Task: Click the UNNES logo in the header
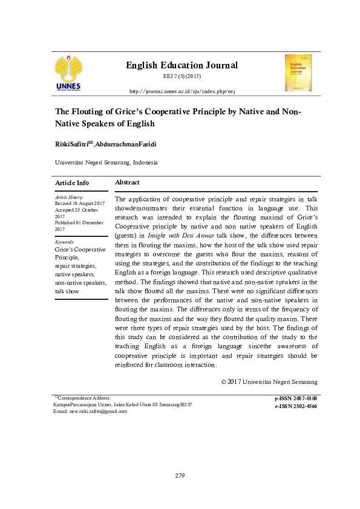[x=68, y=73]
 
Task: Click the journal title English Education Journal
[x=182, y=65]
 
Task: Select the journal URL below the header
[x=182, y=91]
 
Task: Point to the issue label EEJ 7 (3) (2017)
[x=182, y=77]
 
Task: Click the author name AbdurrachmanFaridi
[x=120, y=143]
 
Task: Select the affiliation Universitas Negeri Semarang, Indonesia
[x=106, y=163]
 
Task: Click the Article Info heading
[x=72, y=183]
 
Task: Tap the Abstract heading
[x=127, y=183]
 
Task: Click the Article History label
[x=68, y=197]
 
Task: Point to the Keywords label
[x=65, y=241]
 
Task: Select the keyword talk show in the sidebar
[x=67, y=291]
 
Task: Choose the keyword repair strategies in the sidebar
[x=75, y=266]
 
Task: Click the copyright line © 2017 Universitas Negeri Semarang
[x=269, y=382]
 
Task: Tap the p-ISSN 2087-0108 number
[x=296, y=399]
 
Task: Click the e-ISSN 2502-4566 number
[x=296, y=406]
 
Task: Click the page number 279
[x=180, y=476]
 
